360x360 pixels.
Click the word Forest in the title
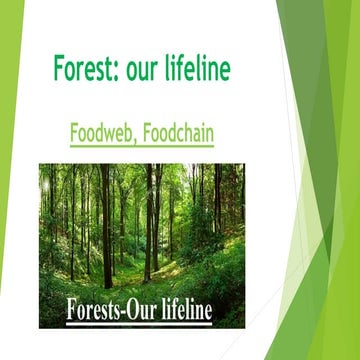coord(83,69)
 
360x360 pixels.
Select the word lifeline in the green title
coord(200,69)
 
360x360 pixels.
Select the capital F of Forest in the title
coord(58,69)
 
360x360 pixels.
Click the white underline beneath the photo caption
coord(140,322)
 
